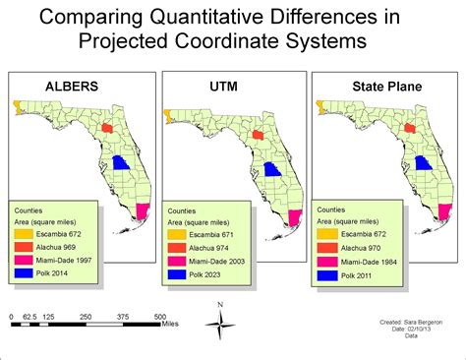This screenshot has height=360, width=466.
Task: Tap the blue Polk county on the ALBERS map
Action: (x=120, y=164)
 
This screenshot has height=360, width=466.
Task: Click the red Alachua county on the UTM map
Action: (x=258, y=132)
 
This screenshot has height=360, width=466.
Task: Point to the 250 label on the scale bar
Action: (x=86, y=317)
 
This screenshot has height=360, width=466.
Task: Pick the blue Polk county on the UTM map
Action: (x=272, y=167)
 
